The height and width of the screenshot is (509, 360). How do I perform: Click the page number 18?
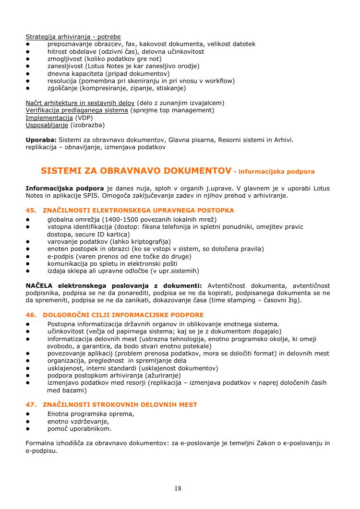pyautogui.click(x=178, y=488)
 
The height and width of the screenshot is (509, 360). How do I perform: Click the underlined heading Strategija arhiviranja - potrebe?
pyautogui.click(x=73, y=36)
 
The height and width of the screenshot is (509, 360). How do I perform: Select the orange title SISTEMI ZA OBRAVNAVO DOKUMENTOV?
pyautogui.click(x=135, y=170)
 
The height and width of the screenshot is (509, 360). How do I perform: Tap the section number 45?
pyautogui.click(x=31, y=210)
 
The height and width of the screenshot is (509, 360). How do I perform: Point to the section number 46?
pyautogui.click(x=31, y=315)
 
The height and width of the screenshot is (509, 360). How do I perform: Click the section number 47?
pyautogui.click(x=31, y=404)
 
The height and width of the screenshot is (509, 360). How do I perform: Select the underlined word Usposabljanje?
pyautogui.click(x=47, y=125)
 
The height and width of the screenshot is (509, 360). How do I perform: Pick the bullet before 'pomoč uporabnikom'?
pyautogui.click(x=28, y=428)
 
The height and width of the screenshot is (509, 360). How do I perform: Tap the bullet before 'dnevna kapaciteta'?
pyautogui.click(x=28, y=73)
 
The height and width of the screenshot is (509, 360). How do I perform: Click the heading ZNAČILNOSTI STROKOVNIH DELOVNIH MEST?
pyautogui.click(x=120, y=404)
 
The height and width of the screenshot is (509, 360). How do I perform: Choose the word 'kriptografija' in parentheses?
pyautogui.click(x=149, y=241)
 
